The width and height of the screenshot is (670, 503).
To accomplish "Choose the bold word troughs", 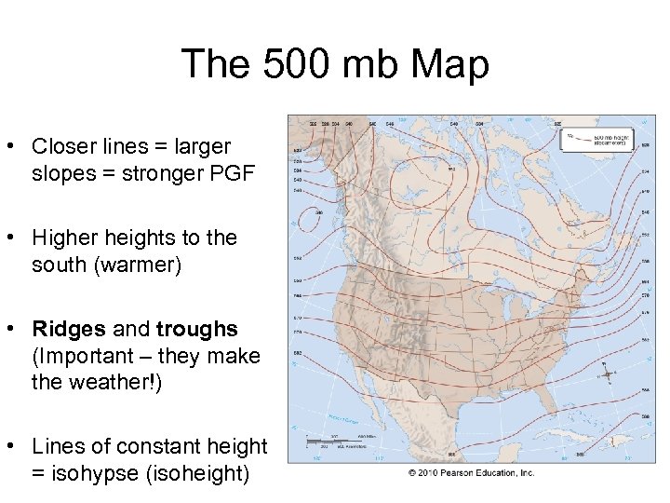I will pyautogui.click(x=197, y=329).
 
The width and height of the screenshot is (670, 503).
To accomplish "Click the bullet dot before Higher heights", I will pyautogui.click(x=13, y=238).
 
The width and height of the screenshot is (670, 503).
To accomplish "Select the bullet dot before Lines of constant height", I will pyautogui.click(x=13, y=447).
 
